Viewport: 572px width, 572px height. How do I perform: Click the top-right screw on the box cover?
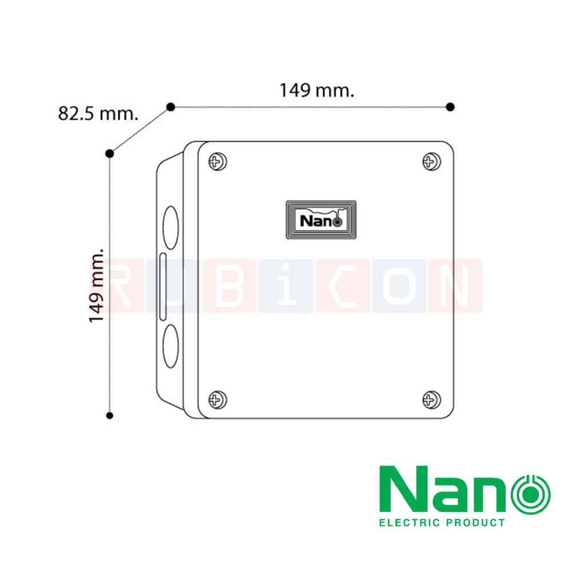tap(431, 161)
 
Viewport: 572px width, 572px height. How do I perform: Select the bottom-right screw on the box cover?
tap(431, 399)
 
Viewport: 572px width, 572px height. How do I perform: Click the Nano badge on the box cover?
tap(321, 220)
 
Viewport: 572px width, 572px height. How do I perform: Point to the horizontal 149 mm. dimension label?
tap(316, 90)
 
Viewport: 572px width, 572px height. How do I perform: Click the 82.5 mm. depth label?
tap(98, 113)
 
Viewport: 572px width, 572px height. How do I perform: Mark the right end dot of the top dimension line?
tap(450, 106)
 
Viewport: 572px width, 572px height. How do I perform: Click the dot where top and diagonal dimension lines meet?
tap(170, 106)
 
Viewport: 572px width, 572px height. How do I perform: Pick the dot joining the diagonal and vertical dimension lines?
tap(110, 153)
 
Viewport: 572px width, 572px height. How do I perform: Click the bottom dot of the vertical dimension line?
tap(110, 415)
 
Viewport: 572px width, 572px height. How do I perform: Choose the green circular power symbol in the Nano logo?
tap(530, 492)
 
